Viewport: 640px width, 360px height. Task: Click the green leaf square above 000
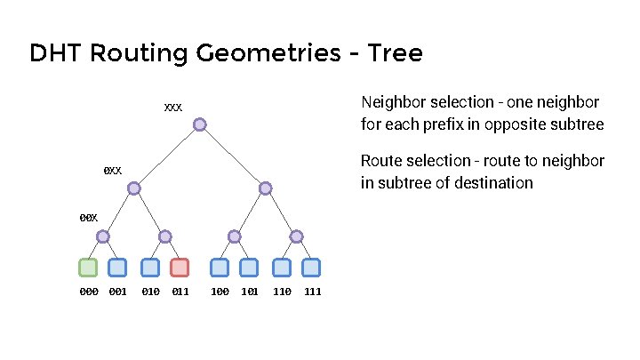tap(88, 267)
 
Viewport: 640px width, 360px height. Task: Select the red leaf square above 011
tap(180, 267)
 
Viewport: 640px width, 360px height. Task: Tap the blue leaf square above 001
tap(117, 267)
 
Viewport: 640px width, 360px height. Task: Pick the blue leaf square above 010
tap(150, 267)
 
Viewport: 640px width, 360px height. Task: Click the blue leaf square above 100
tap(220, 267)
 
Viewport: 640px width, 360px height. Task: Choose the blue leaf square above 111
tap(311, 267)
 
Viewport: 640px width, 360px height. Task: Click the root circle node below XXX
tap(200, 124)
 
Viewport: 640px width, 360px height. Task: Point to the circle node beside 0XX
tap(133, 188)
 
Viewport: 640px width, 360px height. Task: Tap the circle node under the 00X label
tap(103, 236)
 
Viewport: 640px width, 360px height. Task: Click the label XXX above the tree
tap(173, 108)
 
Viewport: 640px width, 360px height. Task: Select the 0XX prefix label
tap(113, 170)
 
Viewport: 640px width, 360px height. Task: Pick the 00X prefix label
tap(88, 217)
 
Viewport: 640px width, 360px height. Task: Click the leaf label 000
tap(89, 292)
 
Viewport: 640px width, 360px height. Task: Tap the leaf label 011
tap(180, 292)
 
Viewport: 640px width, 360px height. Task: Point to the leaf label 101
tap(250, 292)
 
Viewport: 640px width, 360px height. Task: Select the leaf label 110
tap(282, 292)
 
